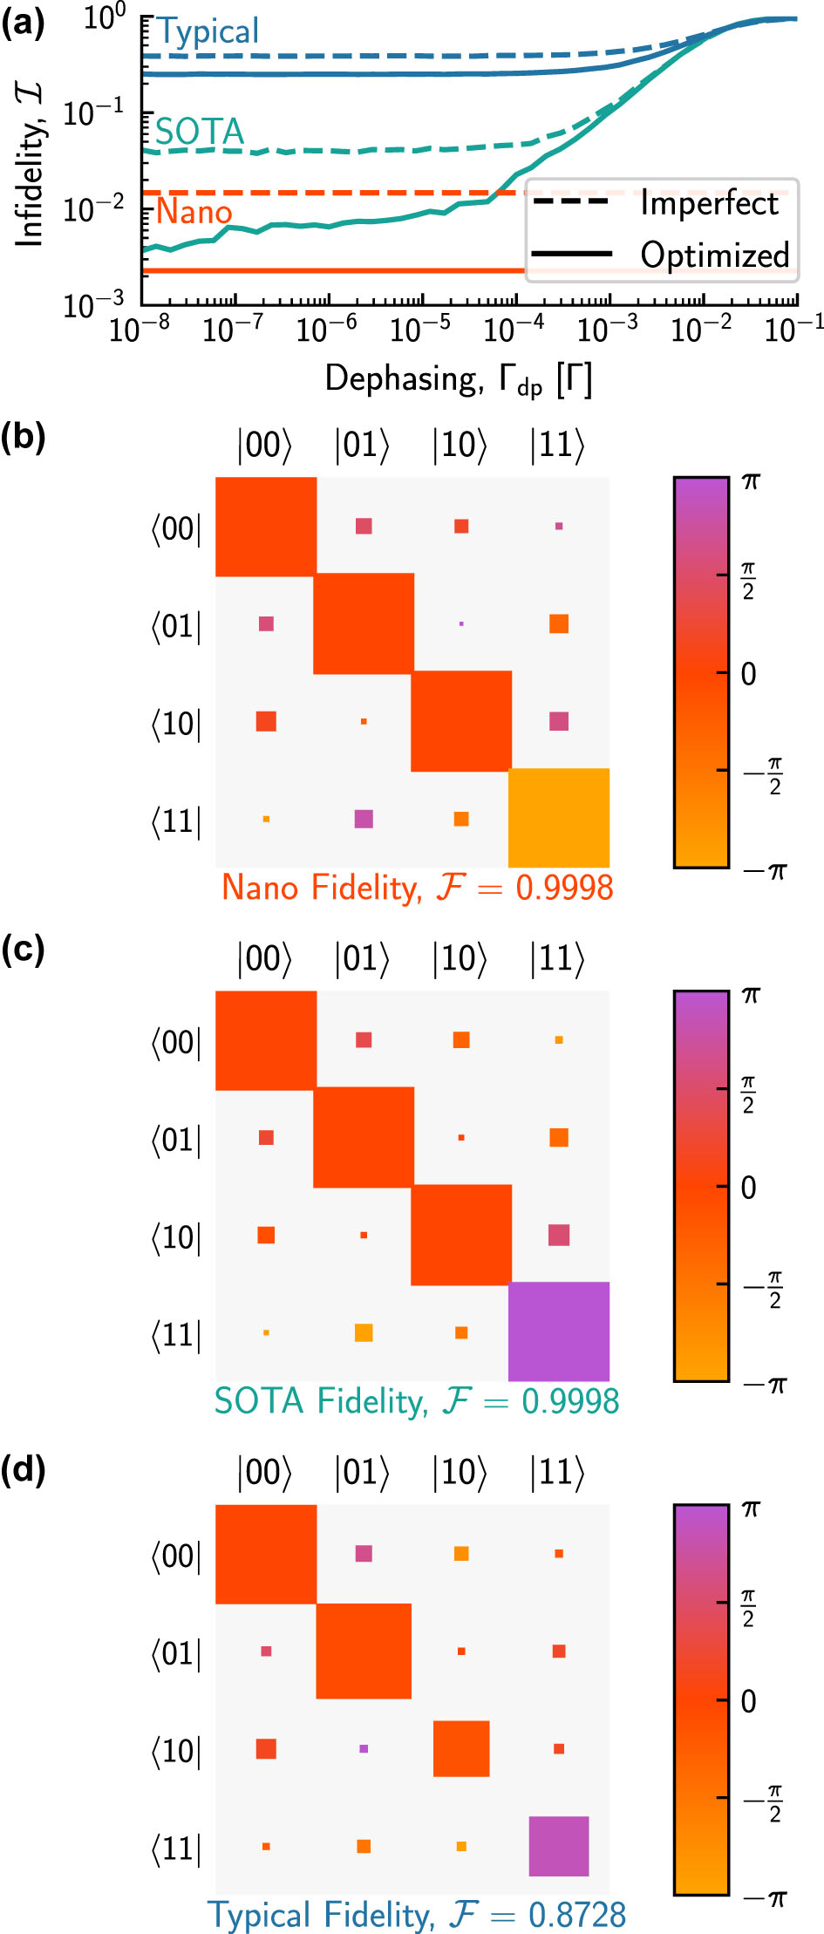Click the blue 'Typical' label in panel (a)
pyautogui.click(x=208, y=32)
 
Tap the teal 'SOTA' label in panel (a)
pyautogui.click(x=199, y=133)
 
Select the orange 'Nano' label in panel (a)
pyautogui.click(x=194, y=212)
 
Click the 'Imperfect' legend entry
pyautogui.click(x=708, y=203)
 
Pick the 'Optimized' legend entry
pyautogui.click(x=714, y=255)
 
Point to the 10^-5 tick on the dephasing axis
pyautogui.click(x=420, y=330)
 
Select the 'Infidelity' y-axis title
pyautogui.click(x=30, y=166)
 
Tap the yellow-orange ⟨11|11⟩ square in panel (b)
pyautogui.click(x=558, y=818)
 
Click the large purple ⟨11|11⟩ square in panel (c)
pyautogui.click(x=558, y=1331)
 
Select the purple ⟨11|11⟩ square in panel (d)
pyautogui.click(x=558, y=1846)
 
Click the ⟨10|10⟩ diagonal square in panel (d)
pyautogui.click(x=461, y=1748)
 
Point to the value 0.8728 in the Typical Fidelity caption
pyautogui.click(x=577, y=1915)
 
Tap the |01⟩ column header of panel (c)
pyautogui.click(x=362, y=958)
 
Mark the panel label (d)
pyautogui.click(x=24, y=1471)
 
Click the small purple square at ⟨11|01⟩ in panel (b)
pyautogui.click(x=364, y=818)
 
